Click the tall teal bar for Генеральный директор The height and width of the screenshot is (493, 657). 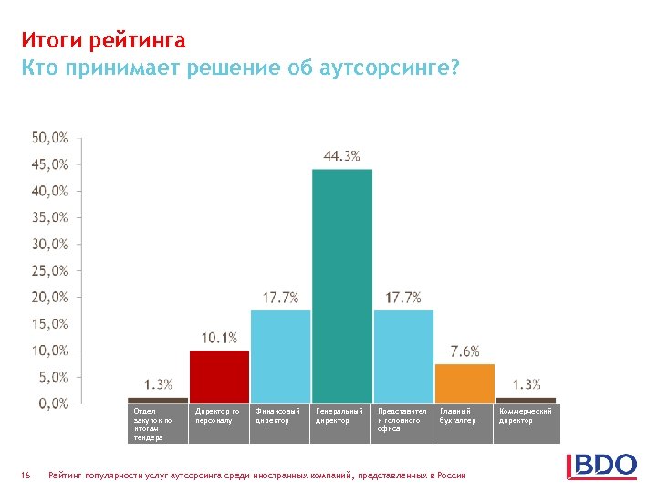342,285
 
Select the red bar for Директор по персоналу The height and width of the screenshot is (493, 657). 219,375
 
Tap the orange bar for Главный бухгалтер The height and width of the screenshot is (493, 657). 464,383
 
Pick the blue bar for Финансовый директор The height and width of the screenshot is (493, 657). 280,356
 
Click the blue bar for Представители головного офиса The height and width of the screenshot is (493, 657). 403,356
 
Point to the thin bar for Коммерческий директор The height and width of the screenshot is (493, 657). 526,400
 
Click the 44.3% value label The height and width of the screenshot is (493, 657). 341,156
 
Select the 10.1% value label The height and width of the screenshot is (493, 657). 219,338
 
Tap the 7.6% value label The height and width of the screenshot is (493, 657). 464,351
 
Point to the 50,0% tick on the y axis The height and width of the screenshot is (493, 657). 50,138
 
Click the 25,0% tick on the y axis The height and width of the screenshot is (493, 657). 50,270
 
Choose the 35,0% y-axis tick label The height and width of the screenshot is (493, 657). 50,217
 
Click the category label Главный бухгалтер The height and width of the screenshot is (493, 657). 458,416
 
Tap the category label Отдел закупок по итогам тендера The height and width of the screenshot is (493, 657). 152,425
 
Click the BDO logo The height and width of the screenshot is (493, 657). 601,466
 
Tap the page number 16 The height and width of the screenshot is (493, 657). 26,475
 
